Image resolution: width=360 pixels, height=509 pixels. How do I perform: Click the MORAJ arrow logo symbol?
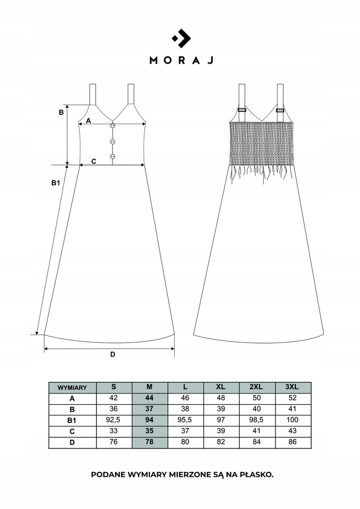(x=181, y=38)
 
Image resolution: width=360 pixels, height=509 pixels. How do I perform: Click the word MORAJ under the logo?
(x=181, y=61)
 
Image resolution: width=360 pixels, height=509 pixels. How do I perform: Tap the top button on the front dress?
(x=113, y=125)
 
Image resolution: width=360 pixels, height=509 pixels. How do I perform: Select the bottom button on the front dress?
(x=113, y=156)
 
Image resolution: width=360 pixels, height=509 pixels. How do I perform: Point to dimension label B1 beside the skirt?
(x=56, y=183)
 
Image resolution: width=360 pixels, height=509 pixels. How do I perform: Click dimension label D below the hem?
(x=113, y=354)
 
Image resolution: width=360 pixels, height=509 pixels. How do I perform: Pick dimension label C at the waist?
(x=94, y=161)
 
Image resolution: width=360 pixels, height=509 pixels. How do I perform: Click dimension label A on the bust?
(x=88, y=121)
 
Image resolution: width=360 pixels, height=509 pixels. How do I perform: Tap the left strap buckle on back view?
(x=242, y=110)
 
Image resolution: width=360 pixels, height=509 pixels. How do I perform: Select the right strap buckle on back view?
(x=280, y=110)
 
